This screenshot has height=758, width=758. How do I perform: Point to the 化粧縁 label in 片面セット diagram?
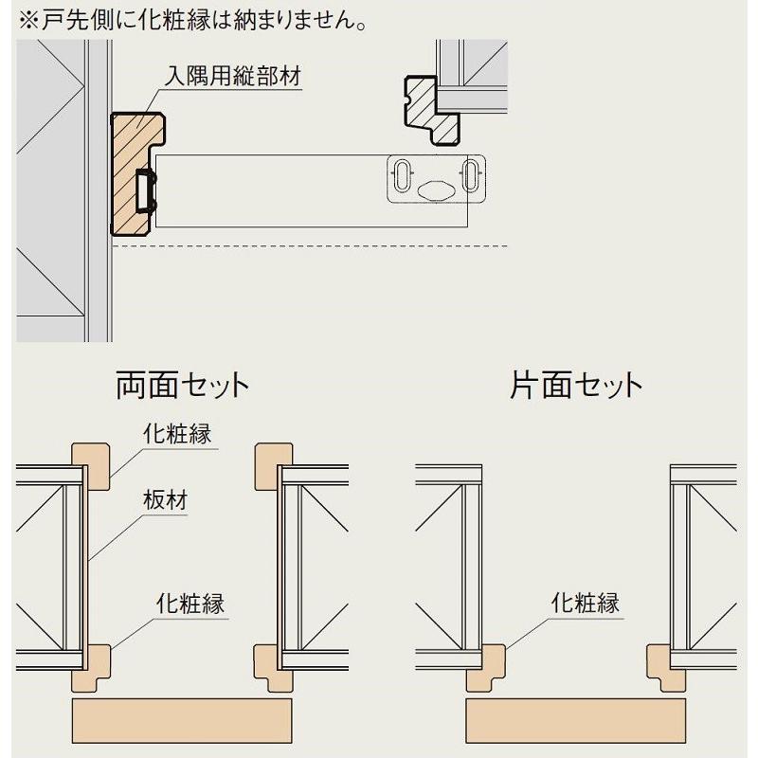click(586, 602)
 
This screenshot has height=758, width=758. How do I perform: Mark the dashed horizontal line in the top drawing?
click(313, 246)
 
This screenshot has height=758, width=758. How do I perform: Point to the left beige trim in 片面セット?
click(485, 668)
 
